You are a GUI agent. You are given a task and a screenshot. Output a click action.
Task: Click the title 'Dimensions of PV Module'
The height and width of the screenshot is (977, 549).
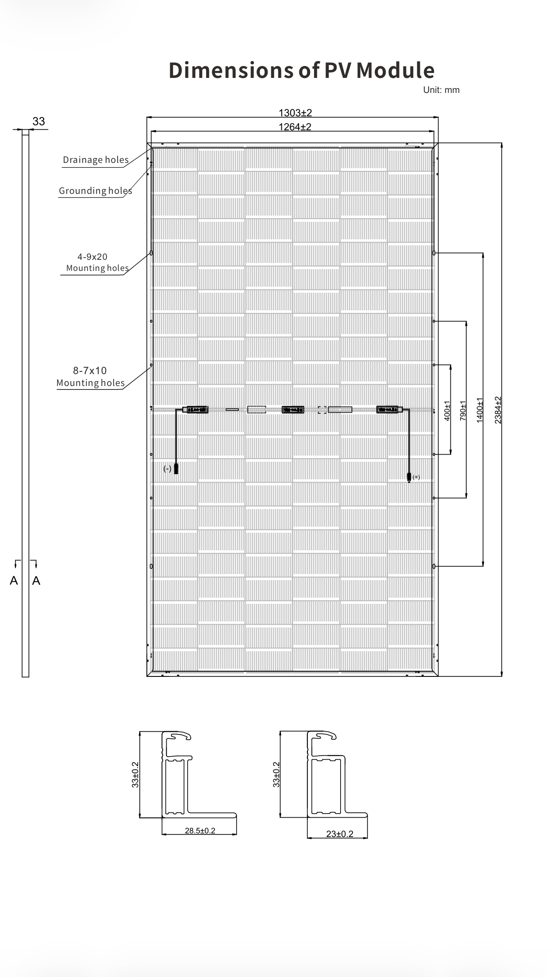[x=301, y=70]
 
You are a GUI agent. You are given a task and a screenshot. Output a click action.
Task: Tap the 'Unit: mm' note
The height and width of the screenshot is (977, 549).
[x=441, y=90]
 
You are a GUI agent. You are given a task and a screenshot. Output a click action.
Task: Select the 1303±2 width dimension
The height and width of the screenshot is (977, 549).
[x=295, y=113]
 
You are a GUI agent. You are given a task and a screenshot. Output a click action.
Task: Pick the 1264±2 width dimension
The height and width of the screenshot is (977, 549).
[x=295, y=127]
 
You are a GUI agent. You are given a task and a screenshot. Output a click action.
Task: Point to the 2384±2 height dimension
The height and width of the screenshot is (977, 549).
[x=498, y=409]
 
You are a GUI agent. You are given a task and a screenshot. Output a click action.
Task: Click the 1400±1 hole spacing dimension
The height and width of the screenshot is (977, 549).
[x=480, y=409]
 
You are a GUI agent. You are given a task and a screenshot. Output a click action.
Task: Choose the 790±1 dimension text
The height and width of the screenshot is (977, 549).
[x=463, y=410]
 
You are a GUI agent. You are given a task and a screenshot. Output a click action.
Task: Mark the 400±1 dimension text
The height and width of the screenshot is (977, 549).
[x=447, y=410]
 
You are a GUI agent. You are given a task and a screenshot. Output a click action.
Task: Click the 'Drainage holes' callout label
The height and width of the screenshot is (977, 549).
[x=96, y=160]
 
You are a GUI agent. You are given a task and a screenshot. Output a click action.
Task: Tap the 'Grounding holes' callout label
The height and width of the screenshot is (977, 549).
[x=95, y=191]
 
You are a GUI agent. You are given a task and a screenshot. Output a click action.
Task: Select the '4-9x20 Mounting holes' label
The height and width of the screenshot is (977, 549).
[x=97, y=263]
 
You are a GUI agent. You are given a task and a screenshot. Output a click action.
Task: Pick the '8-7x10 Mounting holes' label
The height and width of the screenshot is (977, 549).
[x=90, y=377]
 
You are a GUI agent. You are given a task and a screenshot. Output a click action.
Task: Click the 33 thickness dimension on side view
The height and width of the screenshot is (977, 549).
[x=38, y=121]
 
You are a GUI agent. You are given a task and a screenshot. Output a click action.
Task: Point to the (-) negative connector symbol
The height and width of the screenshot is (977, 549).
[x=167, y=468]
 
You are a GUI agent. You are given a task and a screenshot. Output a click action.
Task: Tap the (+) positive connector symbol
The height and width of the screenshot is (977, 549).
[x=416, y=477]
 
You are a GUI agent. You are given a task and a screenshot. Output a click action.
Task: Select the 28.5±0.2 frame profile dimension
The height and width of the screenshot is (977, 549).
[x=200, y=830]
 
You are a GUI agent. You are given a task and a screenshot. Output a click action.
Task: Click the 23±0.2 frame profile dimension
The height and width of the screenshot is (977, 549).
[x=340, y=834]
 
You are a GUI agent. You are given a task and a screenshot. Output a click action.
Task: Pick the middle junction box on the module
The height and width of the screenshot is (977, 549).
[x=293, y=409]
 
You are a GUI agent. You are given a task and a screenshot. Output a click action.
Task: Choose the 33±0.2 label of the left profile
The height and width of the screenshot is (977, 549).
[x=135, y=774]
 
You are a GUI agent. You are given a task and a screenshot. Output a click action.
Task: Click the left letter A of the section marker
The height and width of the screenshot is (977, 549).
[x=14, y=580]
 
